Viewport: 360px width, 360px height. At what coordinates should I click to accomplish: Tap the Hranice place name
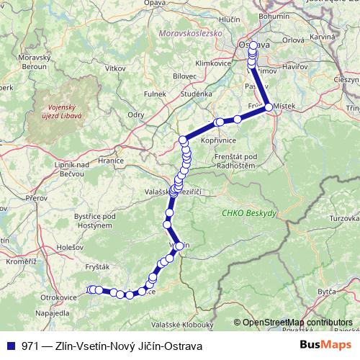click(112, 161)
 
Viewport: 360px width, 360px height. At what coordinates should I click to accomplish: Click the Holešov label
click(60, 247)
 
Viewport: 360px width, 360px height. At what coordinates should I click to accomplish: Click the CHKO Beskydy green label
click(243, 213)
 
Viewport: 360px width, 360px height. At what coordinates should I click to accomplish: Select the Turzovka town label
click(344, 217)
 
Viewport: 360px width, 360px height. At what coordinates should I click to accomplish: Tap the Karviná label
click(323, 36)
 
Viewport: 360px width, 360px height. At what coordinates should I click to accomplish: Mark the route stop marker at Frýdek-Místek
click(269, 107)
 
